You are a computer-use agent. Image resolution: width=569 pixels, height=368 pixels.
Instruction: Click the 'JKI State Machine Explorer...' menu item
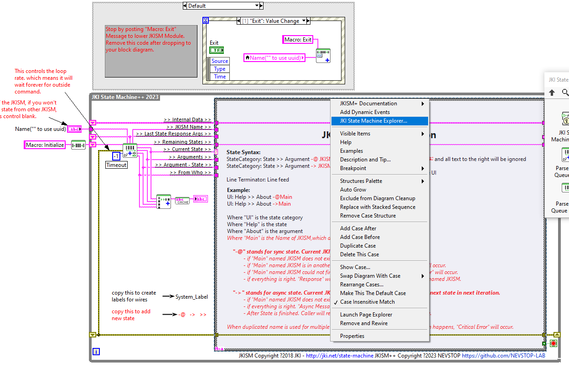tap(373, 121)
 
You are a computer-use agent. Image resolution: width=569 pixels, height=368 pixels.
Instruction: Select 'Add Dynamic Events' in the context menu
tap(365, 112)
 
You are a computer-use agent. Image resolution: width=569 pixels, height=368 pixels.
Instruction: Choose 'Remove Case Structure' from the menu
tap(367, 216)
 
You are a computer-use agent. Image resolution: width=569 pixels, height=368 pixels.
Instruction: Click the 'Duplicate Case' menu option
tap(358, 246)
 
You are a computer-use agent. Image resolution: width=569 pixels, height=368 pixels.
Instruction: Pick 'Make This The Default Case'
tap(372, 293)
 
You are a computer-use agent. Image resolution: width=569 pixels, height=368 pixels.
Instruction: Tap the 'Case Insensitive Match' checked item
tap(367, 302)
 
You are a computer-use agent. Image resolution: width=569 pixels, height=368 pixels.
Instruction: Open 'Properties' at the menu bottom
tap(352, 336)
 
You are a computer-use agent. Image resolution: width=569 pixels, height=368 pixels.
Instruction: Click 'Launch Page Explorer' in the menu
tap(366, 315)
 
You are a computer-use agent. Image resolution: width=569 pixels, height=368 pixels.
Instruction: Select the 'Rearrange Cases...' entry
tap(362, 285)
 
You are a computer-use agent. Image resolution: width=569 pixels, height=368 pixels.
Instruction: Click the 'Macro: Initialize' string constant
tap(45, 145)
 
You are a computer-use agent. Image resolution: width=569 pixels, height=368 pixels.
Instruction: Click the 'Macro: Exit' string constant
tap(298, 40)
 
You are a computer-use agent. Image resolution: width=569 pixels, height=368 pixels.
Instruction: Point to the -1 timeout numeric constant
tap(116, 156)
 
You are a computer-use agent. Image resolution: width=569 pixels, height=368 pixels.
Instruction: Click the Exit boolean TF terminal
tap(216, 50)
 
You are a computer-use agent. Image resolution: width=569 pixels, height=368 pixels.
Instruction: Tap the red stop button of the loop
tap(553, 343)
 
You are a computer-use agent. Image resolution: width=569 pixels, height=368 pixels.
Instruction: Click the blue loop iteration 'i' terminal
tap(96, 352)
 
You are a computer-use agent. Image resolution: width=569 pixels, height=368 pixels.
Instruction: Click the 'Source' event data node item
tap(219, 61)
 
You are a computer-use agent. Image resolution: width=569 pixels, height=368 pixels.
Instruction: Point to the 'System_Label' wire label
tap(191, 297)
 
